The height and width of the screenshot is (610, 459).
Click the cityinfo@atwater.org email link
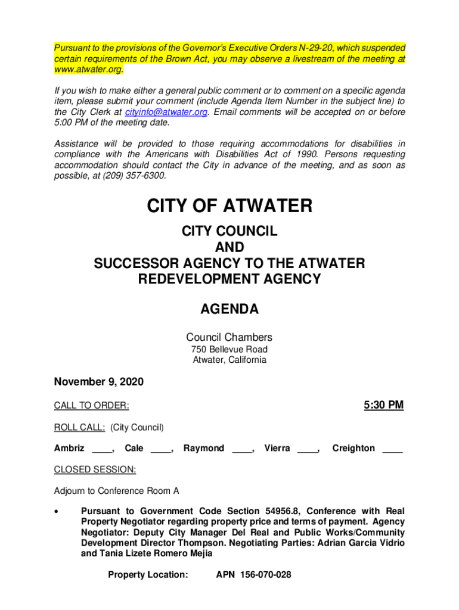click(165, 112)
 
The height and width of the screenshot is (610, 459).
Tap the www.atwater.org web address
click(89, 70)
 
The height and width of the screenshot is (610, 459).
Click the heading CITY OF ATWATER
click(229, 207)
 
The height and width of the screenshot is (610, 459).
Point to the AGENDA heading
click(229, 309)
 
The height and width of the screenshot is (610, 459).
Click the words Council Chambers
click(229, 337)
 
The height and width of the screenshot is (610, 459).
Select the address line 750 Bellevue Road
click(229, 349)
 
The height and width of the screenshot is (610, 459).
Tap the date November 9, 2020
click(99, 382)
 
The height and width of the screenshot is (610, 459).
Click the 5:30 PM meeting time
click(383, 406)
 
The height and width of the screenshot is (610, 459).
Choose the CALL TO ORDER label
click(92, 406)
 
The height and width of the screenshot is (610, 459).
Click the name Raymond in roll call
click(204, 448)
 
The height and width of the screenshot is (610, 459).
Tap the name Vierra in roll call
click(277, 448)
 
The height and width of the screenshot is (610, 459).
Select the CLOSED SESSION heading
click(95, 469)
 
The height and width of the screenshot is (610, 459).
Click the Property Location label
click(148, 575)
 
